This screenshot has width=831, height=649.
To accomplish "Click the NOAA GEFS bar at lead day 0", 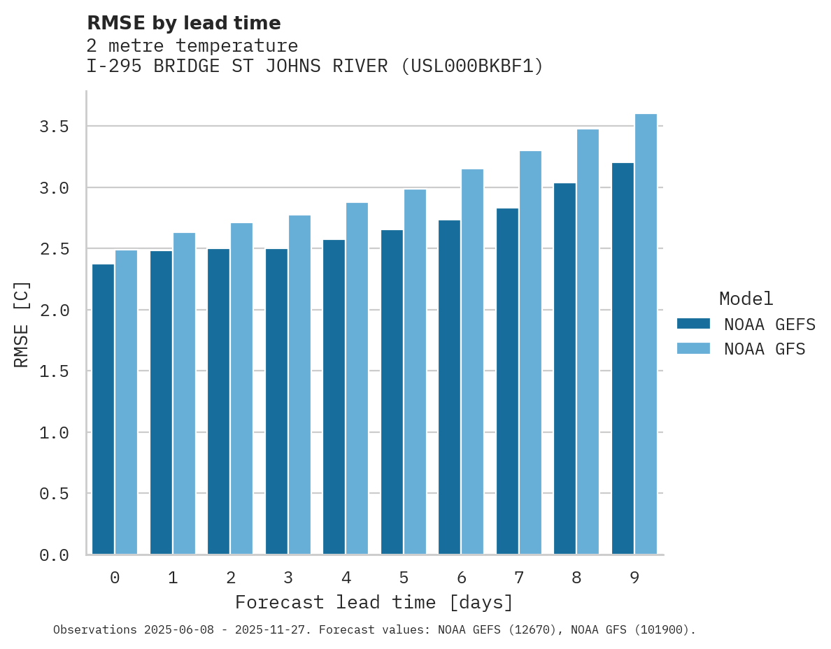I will click(x=103, y=409).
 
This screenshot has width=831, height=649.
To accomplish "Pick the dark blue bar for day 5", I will click(x=392, y=392).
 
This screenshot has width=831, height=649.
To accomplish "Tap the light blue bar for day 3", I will click(x=299, y=385).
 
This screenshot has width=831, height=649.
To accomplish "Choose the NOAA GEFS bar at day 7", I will click(x=507, y=381).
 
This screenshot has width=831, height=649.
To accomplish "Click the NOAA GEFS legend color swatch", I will click(x=693, y=324).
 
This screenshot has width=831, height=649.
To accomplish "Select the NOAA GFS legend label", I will click(x=765, y=349).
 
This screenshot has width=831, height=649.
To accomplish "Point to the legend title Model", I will click(x=746, y=299).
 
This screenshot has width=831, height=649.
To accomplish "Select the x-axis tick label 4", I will click(x=346, y=578).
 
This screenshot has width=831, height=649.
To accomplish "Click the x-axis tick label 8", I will click(x=576, y=578).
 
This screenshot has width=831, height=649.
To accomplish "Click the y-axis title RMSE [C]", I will click(x=22, y=323).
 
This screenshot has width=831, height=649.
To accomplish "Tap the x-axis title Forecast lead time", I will click(x=374, y=602).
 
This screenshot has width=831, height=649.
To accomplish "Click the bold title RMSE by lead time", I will click(x=183, y=23).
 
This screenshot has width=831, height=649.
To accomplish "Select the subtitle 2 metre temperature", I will click(x=192, y=46).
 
